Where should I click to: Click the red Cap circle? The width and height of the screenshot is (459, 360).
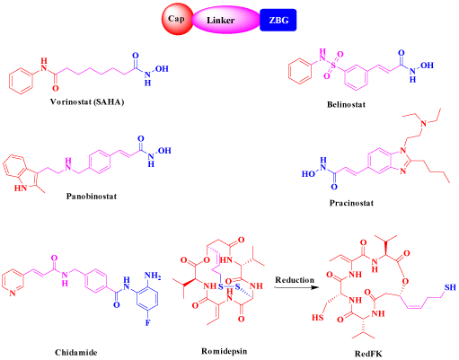(x=177, y=19)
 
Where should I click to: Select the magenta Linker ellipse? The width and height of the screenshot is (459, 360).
(x=225, y=20)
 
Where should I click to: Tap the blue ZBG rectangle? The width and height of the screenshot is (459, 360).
(x=278, y=20)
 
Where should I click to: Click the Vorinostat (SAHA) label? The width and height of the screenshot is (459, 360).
(x=87, y=102)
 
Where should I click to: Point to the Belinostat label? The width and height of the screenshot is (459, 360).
(x=346, y=104)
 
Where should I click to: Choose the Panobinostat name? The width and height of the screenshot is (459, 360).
(x=92, y=197)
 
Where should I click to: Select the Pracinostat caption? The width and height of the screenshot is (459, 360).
(x=351, y=203)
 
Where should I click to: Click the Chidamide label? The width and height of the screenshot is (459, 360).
(x=76, y=353)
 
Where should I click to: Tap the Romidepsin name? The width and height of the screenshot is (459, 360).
(x=224, y=351)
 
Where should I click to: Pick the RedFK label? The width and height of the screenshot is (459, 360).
(x=368, y=354)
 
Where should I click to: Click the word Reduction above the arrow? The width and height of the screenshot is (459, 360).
(x=295, y=280)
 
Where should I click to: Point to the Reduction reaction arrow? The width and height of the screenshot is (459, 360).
(x=296, y=287)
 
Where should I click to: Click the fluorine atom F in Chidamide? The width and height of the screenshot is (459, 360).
(x=147, y=323)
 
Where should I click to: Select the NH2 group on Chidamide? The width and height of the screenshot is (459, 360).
(x=153, y=276)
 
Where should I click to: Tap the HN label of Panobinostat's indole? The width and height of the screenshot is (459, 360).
(x=21, y=188)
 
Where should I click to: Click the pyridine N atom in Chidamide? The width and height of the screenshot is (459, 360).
(x=13, y=294)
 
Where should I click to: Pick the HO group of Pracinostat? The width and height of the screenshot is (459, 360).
(x=308, y=174)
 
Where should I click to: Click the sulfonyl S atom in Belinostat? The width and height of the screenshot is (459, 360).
(x=333, y=65)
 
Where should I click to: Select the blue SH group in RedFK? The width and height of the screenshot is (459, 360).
(x=450, y=287)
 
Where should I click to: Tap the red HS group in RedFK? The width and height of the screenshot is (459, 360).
(x=318, y=317)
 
